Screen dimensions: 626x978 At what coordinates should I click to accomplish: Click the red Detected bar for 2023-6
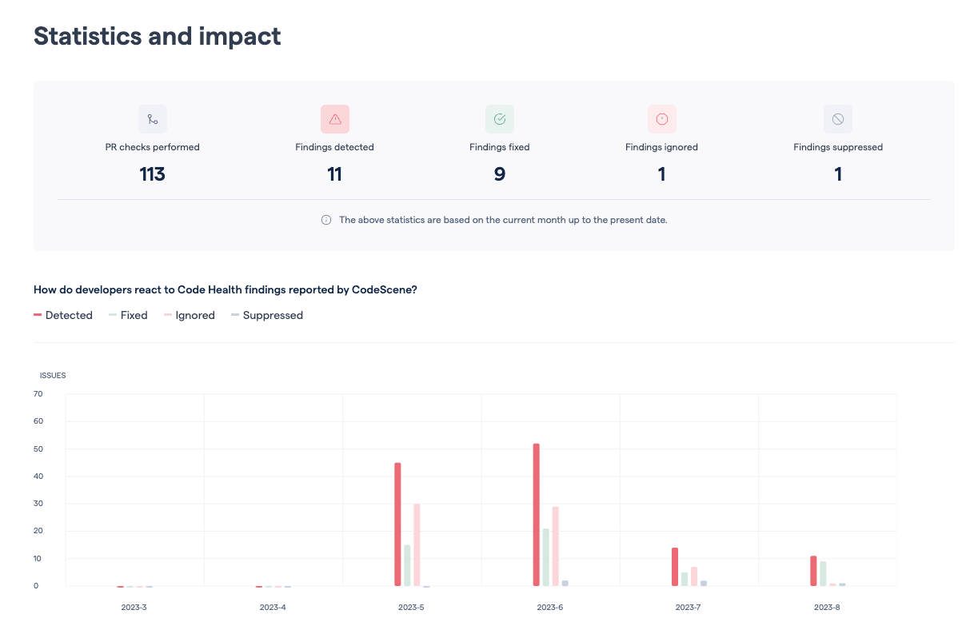[x=536, y=515]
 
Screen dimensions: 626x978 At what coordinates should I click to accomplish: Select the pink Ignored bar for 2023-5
[x=417, y=544]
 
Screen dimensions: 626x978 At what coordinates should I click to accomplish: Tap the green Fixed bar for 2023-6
[x=545, y=557]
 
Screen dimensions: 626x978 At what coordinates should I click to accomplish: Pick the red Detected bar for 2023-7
[x=675, y=567]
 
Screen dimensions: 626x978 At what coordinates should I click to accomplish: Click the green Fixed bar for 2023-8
[x=823, y=573]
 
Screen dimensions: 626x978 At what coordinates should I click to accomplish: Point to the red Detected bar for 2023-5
[x=397, y=524]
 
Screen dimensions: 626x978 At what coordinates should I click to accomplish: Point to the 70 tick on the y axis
[x=38, y=393]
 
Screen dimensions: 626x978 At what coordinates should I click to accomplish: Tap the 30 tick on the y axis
[x=38, y=504]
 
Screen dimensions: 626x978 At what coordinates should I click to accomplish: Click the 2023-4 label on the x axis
[x=273, y=608]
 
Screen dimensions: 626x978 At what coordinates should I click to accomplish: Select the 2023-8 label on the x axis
[x=827, y=608]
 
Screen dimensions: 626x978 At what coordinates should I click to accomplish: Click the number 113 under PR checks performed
[x=152, y=174]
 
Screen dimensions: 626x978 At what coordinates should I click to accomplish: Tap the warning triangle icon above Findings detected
[x=335, y=119]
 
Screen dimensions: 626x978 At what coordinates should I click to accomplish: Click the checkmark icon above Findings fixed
[x=500, y=119]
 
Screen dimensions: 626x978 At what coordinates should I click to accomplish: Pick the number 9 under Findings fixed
[x=500, y=174]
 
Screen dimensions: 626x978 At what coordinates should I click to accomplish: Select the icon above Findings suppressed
[x=838, y=119]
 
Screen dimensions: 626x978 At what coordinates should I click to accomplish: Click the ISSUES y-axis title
[x=53, y=375]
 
